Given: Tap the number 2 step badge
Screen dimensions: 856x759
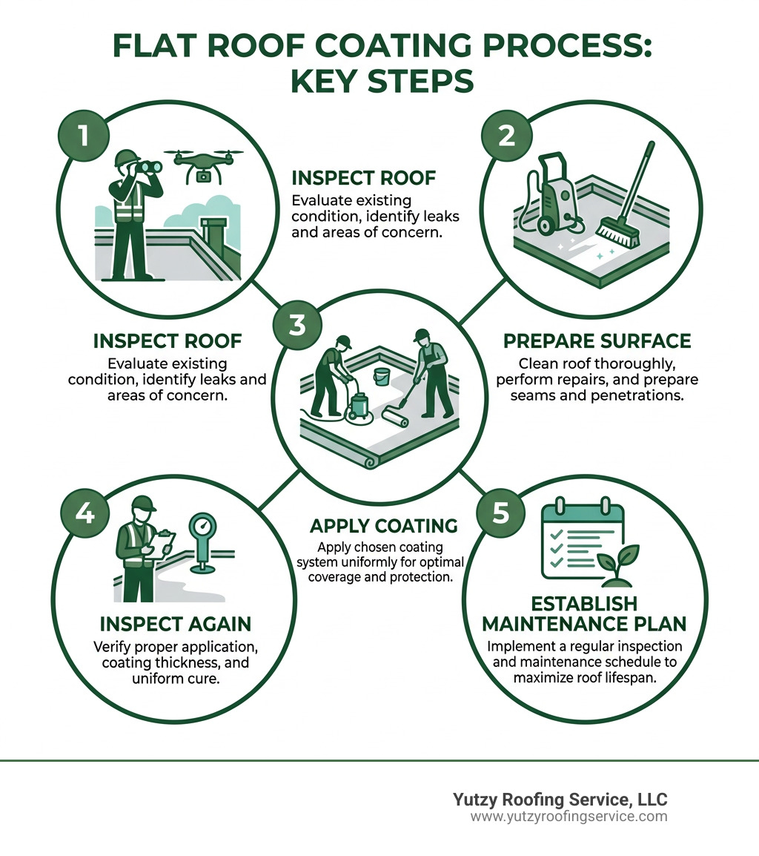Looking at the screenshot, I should click(x=506, y=136).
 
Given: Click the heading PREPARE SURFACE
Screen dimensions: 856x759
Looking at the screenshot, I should click(x=597, y=341).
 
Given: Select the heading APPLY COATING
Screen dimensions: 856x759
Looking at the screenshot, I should click(x=383, y=526).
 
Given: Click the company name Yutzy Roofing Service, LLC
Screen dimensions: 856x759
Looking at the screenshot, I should click(x=560, y=800).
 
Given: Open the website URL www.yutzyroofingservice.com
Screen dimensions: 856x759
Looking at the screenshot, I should click(x=569, y=817).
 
